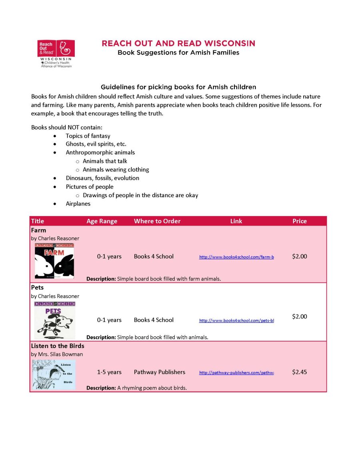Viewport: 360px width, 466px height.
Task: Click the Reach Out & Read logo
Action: pos(56,53)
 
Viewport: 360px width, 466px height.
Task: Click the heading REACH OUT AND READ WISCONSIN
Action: pos(178,43)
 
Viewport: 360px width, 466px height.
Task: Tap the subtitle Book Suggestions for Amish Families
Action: pos(178,52)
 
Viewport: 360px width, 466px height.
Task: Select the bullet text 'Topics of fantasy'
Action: pos(88,136)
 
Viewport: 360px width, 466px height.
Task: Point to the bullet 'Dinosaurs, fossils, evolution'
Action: pos(102,178)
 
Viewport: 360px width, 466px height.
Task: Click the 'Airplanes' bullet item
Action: pos(78,204)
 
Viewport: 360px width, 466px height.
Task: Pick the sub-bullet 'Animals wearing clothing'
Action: pos(116,170)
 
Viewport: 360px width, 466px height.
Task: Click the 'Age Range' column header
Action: pos(102,221)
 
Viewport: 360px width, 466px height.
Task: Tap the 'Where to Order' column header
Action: pos(157,221)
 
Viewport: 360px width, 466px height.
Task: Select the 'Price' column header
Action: pos(300,221)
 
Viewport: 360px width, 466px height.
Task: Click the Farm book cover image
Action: pos(54,261)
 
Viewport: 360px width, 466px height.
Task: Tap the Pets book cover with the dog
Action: pos(55,320)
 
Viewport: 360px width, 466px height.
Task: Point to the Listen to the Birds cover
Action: pos(54,374)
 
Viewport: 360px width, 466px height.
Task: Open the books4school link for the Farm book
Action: pos(236,257)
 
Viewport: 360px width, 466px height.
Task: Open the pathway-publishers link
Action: pos(236,372)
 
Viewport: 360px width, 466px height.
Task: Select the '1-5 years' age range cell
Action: pos(109,372)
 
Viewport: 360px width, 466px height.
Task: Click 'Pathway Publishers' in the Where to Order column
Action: pos(160,372)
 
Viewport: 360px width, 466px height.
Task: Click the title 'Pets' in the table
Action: pos(37,288)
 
